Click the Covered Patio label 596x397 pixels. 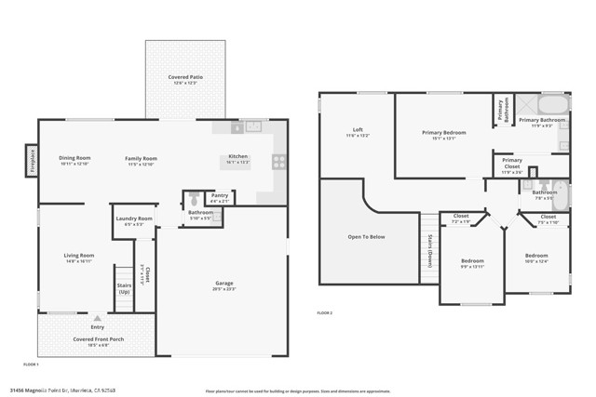(185, 77)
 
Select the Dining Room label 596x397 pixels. (74, 158)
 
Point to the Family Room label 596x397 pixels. (142, 158)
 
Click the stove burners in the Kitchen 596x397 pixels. (278, 161)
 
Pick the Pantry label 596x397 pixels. (220, 195)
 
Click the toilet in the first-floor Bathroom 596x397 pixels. (193, 198)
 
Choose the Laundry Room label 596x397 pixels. (134, 218)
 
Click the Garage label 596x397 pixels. (224, 283)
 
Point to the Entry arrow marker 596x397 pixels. (98, 318)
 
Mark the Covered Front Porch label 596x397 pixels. (98, 339)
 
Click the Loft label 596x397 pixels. (358, 129)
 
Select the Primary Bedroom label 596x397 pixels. (443, 132)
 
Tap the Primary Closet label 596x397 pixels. (512, 165)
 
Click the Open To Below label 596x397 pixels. (367, 236)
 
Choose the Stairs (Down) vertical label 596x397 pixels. (429, 250)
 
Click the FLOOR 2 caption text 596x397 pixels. (325, 311)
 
